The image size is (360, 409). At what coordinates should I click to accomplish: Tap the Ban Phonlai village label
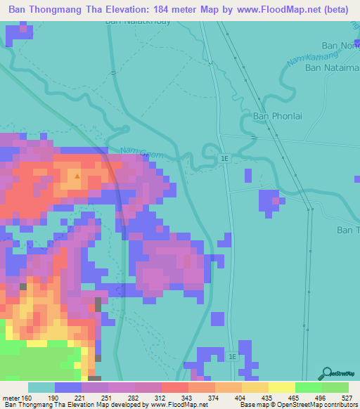(276, 117)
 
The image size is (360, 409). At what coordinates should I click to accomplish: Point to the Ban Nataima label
(332, 69)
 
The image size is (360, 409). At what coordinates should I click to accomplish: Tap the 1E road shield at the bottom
(232, 357)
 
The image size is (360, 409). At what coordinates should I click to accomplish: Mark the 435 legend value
(268, 397)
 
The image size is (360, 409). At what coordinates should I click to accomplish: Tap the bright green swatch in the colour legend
(308, 387)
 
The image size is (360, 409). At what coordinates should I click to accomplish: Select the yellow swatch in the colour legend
(281, 387)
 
